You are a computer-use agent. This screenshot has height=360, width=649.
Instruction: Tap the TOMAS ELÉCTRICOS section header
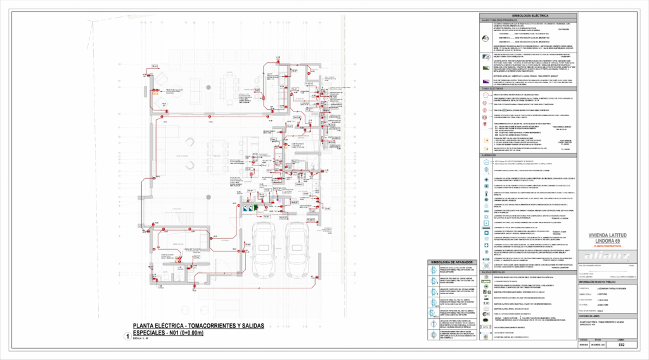(x=492, y=89)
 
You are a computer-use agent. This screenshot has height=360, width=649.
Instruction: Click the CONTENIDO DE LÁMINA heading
(x=593, y=316)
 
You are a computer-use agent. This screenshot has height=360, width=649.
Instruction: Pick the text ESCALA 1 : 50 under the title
(x=141, y=338)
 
